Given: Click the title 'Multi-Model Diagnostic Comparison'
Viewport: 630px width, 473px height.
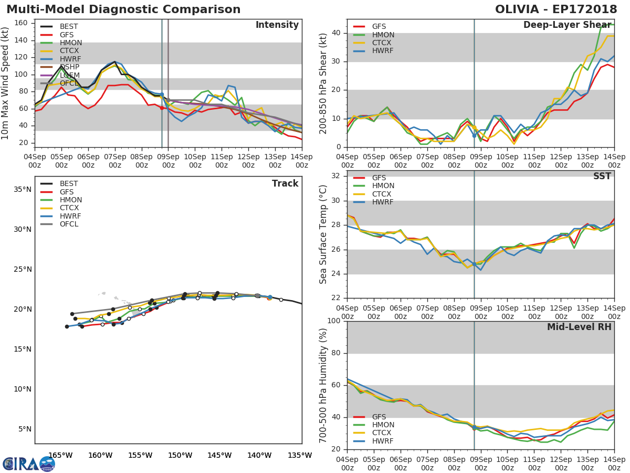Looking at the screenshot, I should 123,9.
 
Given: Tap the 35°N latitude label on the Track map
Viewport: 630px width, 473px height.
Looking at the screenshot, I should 22,189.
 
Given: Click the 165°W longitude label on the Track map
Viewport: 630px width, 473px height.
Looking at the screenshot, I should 60,456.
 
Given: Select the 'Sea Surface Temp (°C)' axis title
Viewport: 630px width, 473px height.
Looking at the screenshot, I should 323,234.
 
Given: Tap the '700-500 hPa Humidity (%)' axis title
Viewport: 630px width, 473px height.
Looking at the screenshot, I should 323,385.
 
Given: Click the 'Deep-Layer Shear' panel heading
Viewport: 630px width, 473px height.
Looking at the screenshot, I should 567,25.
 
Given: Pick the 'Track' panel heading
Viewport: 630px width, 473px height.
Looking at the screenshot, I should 285,183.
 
